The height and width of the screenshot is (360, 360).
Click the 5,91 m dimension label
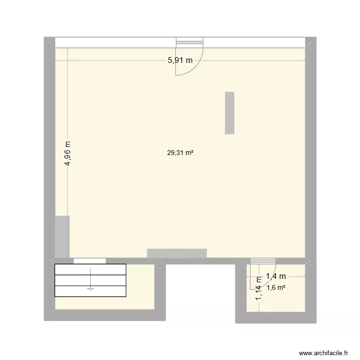pos(180,60)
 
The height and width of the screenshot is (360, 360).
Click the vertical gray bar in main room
pos(229,113)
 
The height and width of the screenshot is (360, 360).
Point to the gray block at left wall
pos(62,236)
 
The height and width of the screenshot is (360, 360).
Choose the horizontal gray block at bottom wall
pos(177,253)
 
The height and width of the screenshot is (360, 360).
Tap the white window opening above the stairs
pos(90,261)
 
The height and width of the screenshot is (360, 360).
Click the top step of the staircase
pos(90,269)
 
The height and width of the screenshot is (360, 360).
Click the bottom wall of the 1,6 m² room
pos(276,317)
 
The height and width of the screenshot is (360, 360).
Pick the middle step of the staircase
pos(90,280)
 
